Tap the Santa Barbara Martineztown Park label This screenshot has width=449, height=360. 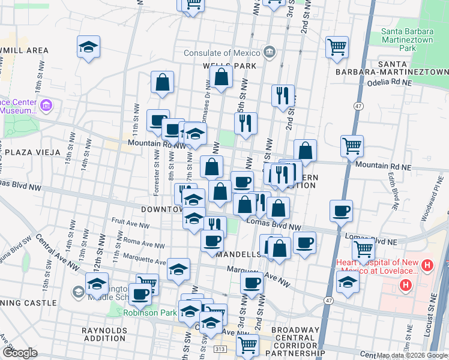[x=407, y=39]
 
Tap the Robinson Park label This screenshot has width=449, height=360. [x=150, y=313]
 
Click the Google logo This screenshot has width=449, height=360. [x=19, y=353]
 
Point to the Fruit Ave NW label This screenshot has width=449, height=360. [x=131, y=226]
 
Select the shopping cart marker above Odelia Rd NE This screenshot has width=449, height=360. [x=337, y=47]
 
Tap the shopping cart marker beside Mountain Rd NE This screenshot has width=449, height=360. [x=351, y=146]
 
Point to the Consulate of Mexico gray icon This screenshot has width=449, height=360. [x=270, y=52]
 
